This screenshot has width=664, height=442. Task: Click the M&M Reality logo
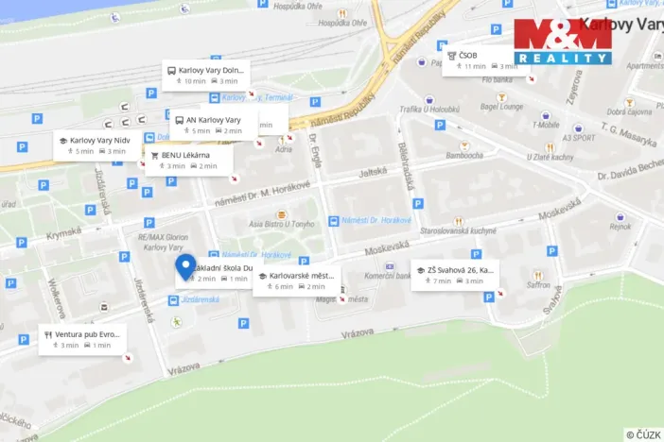tap(563, 42)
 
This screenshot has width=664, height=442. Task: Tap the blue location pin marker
tap(185, 267)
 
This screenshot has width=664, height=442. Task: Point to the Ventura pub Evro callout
tap(81, 339)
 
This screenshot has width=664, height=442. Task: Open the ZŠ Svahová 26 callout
tap(454, 275)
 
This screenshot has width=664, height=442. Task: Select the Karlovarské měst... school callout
tap(295, 280)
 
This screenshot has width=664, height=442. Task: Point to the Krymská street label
tap(65, 230)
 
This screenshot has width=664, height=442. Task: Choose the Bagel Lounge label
tap(502, 107)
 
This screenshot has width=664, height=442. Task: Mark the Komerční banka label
tap(386, 275)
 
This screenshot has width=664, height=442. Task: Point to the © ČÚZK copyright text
tap(643, 433)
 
